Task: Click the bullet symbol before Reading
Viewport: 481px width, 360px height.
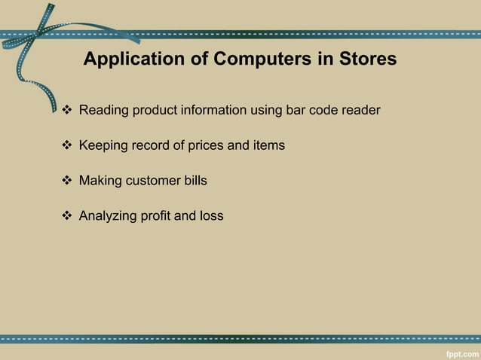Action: tap(66, 111)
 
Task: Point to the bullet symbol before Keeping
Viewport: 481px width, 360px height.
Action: tap(66, 145)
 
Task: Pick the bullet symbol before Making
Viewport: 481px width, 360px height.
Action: tap(66, 181)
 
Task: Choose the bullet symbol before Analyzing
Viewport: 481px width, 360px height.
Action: tap(66, 216)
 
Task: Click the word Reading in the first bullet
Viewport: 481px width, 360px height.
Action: tap(103, 111)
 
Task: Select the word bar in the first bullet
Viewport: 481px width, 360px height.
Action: tap(297, 111)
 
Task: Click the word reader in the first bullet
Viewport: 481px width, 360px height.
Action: tap(360, 111)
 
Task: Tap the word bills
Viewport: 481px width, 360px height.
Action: tap(195, 181)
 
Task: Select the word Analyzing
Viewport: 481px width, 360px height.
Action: tap(109, 216)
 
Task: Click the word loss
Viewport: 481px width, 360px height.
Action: tap(211, 216)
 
